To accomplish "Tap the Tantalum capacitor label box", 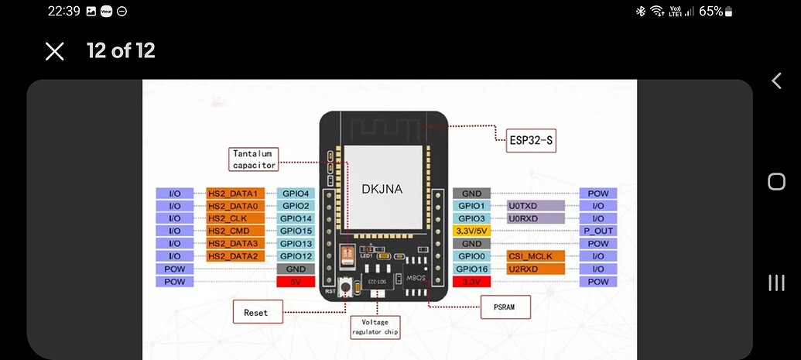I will pos(254,159).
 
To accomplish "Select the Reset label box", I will pos(256,312).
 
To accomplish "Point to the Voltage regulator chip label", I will pos(376,327).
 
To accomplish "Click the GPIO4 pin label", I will pos(296,194).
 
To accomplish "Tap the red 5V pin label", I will pos(296,282).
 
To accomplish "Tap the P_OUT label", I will pos(598,231).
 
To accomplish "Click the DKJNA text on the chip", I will pos(382,188).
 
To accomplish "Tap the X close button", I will pos(54,51).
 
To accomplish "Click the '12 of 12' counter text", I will pos(121,51).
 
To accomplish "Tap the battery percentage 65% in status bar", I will pos(710,11).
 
